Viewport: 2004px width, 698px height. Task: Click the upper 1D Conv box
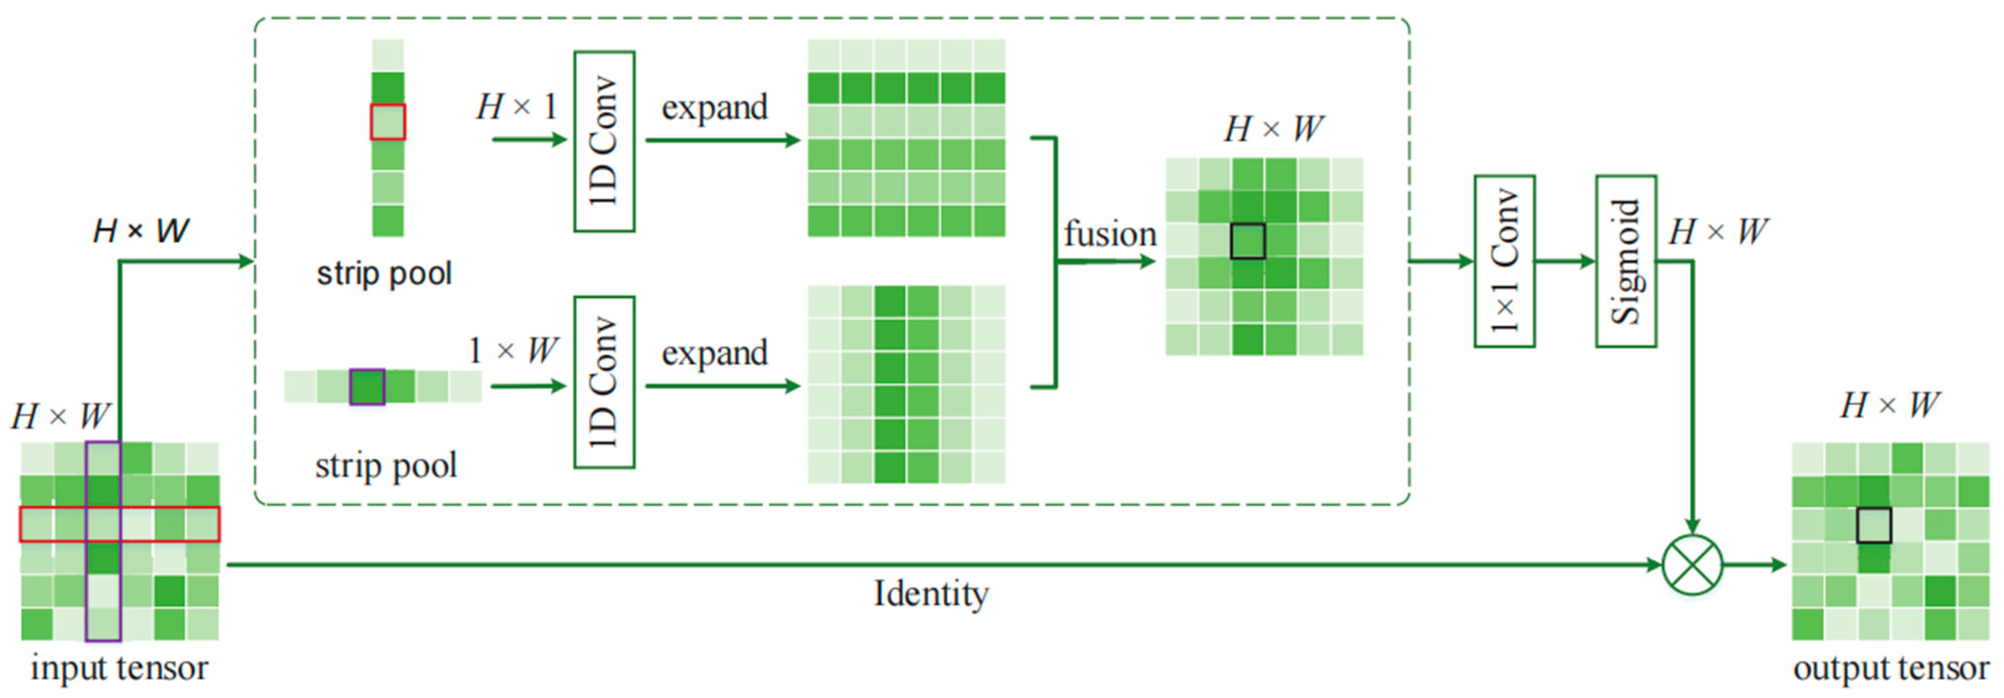coord(604,141)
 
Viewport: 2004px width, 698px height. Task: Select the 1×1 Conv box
coord(1504,261)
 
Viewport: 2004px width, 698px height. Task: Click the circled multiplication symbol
coord(1692,564)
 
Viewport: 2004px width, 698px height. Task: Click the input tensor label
coord(119,668)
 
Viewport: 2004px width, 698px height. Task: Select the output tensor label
coord(1891,668)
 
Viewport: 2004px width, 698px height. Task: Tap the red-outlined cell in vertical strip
coord(388,122)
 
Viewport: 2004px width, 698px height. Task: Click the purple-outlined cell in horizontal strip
coord(367,387)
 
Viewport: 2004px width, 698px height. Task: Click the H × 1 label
coord(516,106)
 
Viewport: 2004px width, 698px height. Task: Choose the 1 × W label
coord(513,350)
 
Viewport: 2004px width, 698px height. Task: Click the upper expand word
coord(714,107)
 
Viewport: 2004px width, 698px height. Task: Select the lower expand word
coord(714,353)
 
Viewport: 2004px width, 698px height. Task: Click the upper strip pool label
coord(385,273)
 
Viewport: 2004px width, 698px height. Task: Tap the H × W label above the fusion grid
coord(1273,128)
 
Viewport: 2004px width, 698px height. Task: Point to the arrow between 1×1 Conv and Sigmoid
coord(1565,261)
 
